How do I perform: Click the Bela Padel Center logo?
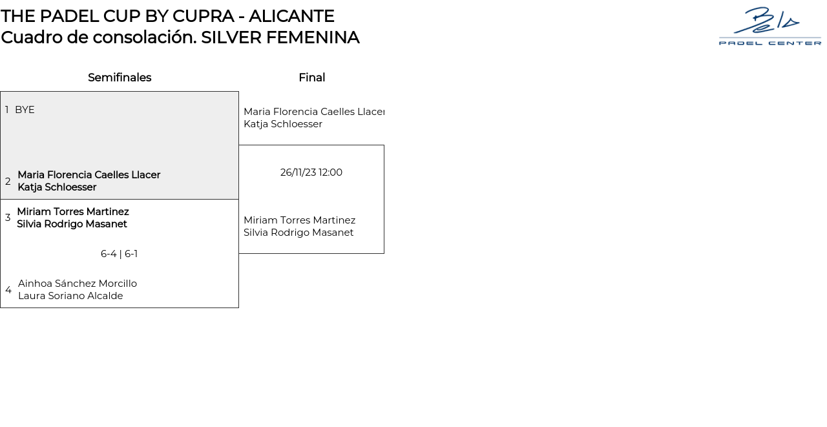click(x=769, y=26)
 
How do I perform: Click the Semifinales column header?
click(x=120, y=78)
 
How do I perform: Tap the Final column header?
click(x=311, y=78)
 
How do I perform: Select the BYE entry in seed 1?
click(x=25, y=110)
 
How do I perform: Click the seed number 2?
click(x=8, y=182)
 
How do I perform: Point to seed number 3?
click(x=8, y=218)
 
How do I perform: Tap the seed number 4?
click(x=8, y=290)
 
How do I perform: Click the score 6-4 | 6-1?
click(x=119, y=254)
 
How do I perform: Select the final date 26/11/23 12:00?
click(x=311, y=172)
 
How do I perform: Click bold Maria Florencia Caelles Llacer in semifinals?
click(x=89, y=175)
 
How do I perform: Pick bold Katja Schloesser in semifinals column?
click(x=57, y=187)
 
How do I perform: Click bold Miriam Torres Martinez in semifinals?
click(x=73, y=212)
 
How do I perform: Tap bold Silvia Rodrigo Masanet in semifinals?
click(x=72, y=224)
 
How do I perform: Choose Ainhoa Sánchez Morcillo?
click(x=78, y=284)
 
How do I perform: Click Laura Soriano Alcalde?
click(x=70, y=296)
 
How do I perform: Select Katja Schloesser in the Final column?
click(x=283, y=124)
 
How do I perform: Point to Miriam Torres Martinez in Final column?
click(x=299, y=220)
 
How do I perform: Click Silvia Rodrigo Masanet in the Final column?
click(x=298, y=233)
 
